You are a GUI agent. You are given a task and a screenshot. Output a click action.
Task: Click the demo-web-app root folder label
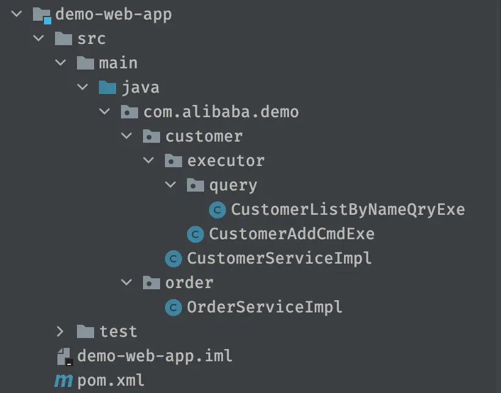pos(114,15)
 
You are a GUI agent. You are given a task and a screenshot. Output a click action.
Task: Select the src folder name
pos(92,39)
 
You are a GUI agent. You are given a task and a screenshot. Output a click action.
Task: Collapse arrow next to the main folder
pos(60,63)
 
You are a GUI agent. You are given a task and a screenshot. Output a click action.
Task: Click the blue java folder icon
pos(108,87)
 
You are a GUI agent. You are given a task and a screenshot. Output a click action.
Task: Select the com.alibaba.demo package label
pos(221,112)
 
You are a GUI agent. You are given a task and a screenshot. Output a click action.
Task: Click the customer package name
pos(204,137)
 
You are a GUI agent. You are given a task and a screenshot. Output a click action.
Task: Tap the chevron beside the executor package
pos(148,160)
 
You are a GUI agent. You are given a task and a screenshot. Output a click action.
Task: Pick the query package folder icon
pos(196,185)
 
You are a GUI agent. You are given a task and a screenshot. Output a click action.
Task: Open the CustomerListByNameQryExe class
pos(348,210)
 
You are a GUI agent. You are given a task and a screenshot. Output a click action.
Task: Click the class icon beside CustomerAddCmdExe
pos(196,234)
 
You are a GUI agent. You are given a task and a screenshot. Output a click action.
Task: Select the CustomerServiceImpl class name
pos(279,258)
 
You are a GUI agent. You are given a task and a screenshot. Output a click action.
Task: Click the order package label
pos(189,283)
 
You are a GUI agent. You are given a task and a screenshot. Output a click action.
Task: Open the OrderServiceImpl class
pos(265,307)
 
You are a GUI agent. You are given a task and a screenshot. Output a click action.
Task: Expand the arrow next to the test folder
pos(60,332)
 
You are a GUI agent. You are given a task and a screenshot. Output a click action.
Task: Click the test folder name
pos(118,332)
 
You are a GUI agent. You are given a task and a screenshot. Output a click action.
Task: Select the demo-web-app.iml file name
pos(155,356)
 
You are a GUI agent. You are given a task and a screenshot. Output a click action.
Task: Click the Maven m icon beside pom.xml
pos(64,380)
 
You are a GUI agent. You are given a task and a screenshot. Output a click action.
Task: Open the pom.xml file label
pos(111,381)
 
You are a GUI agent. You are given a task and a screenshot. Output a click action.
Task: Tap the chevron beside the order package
pos(126,282)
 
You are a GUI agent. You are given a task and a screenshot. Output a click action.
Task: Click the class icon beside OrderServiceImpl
pos(173,308)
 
